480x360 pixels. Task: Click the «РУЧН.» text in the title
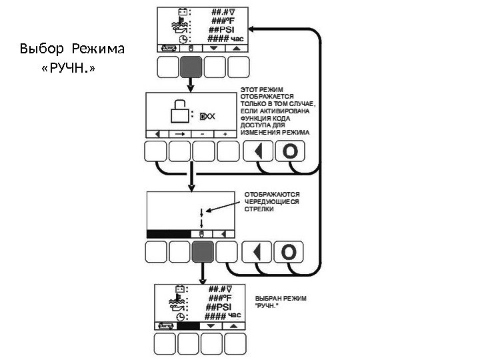coord(67,67)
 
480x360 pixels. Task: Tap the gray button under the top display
coord(191,67)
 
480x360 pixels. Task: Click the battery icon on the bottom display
coord(179,289)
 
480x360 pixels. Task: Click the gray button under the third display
coord(203,252)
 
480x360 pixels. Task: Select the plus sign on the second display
coord(225,133)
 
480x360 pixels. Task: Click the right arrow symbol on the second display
coord(179,133)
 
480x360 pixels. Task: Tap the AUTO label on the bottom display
coord(165,327)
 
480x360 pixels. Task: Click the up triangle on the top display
coord(235,49)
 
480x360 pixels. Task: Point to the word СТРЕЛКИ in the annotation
coord(253,209)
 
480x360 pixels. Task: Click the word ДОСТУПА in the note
coord(254,124)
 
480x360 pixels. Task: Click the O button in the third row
coord(289,252)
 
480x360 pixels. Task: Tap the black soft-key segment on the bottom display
coord(188,327)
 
